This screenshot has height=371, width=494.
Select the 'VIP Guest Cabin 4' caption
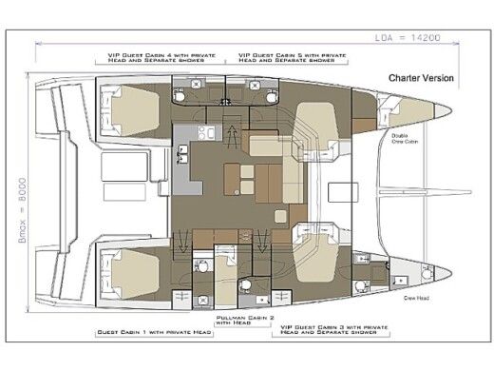(x=158, y=58)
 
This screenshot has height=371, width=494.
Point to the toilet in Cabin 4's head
(x=181, y=96)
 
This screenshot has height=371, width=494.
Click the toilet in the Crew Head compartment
(x=361, y=283)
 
